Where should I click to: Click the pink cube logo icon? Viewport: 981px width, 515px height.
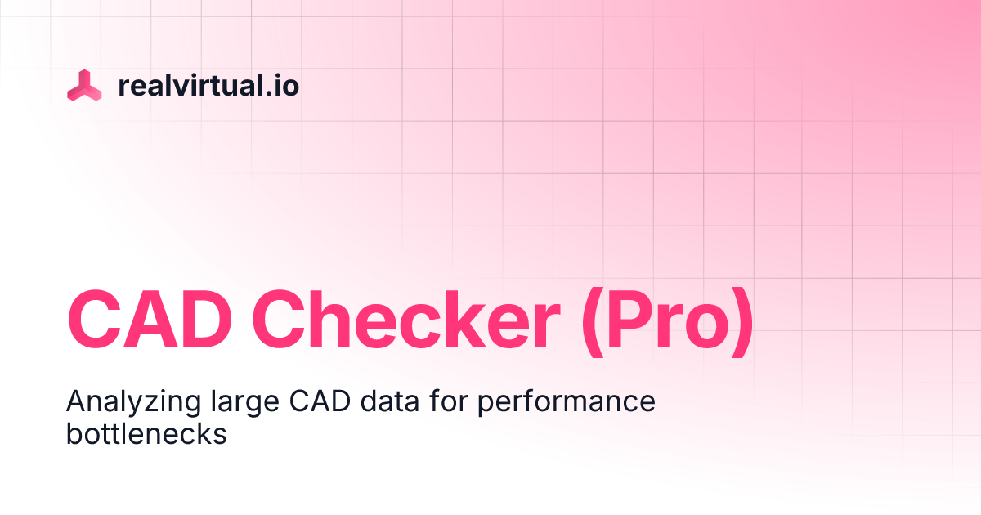pos(84,86)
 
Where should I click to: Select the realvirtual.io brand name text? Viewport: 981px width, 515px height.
pos(208,86)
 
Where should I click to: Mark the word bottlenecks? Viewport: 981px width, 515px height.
pos(146,434)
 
